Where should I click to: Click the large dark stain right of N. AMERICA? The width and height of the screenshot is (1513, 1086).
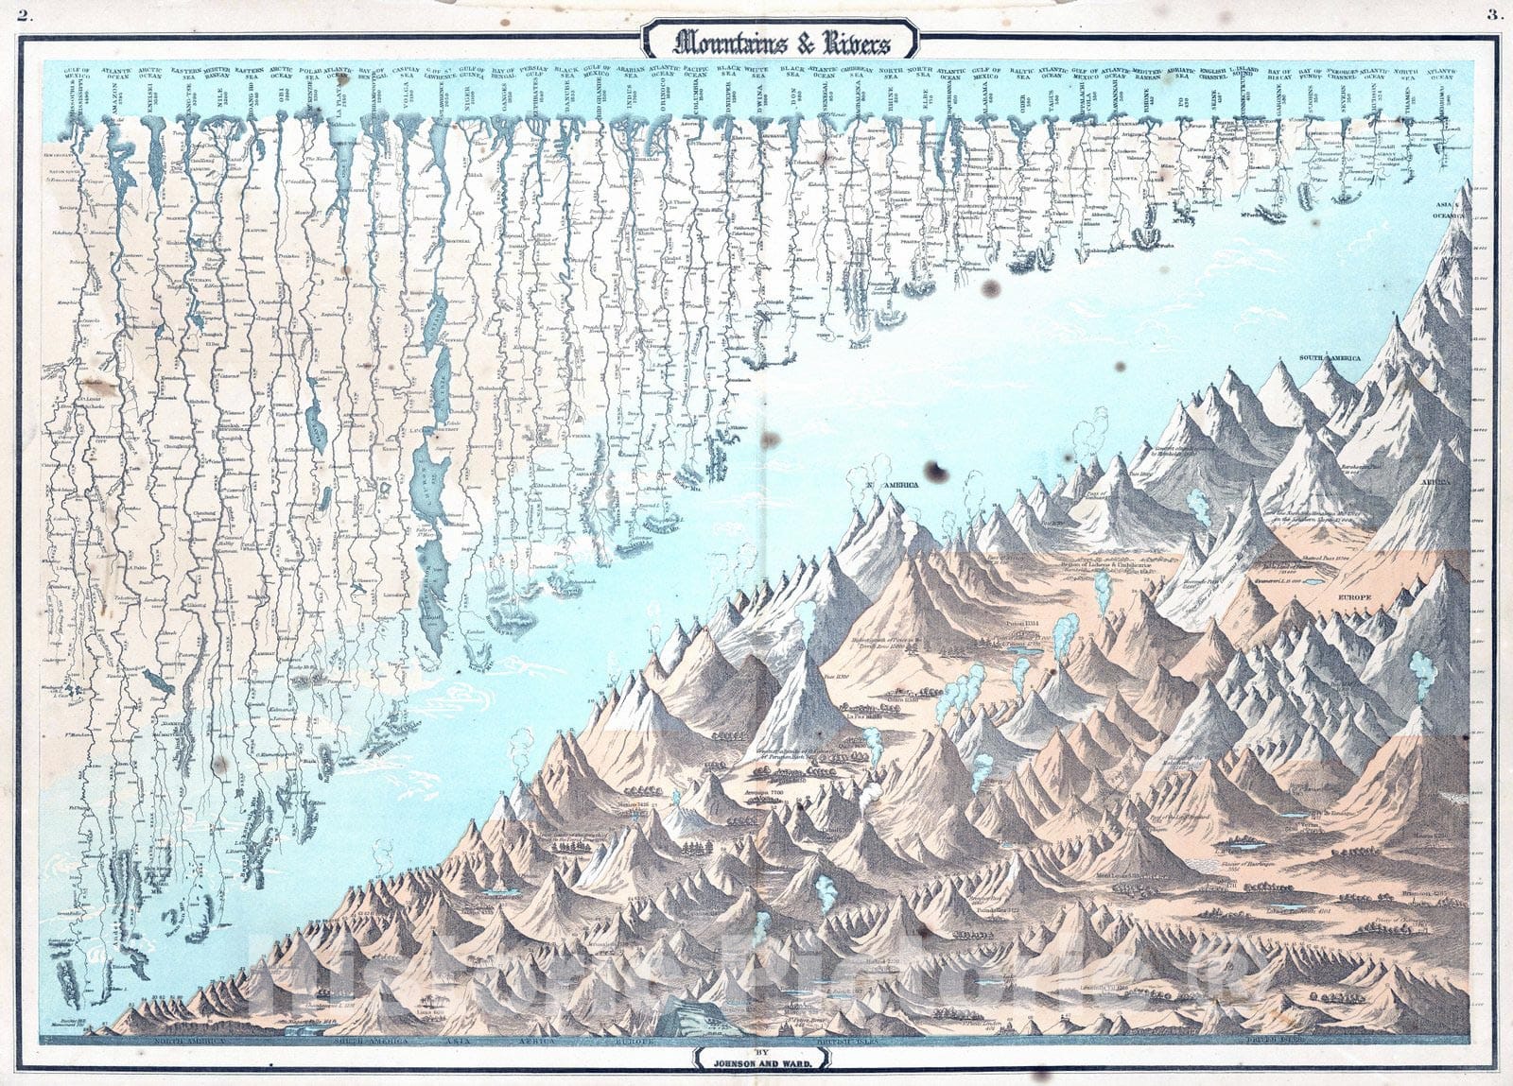pyautogui.click(x=939, y=471)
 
